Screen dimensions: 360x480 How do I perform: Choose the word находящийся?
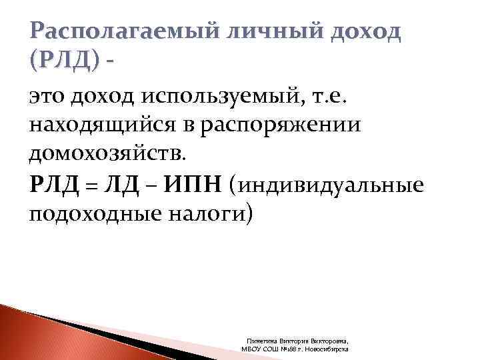[x=99, y=127]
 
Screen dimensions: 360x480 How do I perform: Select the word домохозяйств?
[x=109, y=154]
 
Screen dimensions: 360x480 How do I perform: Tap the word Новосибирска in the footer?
[x=327, y=348]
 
